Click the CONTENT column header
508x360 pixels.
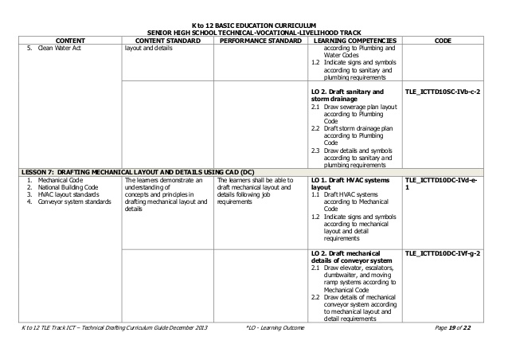coord(71,39)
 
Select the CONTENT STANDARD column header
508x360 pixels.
coord(168,39)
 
